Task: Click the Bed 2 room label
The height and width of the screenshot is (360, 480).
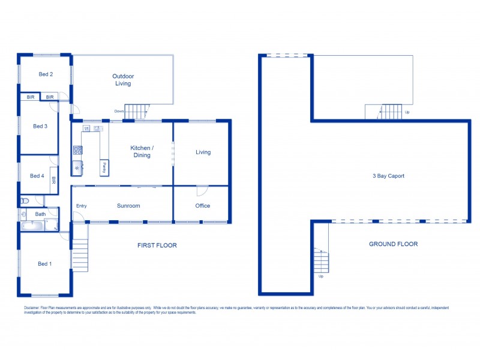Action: [x=46, y=74]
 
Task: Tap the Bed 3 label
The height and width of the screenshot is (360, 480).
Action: [x=40, y=126]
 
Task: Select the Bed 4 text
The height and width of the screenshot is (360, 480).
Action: [x=37, y=176]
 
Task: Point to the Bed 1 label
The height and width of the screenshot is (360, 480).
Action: [x=44, y=264]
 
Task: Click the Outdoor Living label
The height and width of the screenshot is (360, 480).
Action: [x=123, y=80]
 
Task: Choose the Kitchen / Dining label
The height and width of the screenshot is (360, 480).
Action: [x=142, y=151]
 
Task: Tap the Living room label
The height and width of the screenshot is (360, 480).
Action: [x=203, y=152]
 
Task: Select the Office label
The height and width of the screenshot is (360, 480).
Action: [x=202, y=206]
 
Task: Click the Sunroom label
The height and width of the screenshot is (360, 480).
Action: [x=128, y=206]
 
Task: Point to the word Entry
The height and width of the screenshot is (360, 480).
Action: [x=81, y=206]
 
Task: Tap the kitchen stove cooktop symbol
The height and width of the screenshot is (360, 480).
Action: [x=77, y=150]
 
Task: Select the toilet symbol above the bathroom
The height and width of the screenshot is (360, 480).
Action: [x=25, y=201]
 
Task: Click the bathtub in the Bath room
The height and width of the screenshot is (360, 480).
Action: [x=34, y=226]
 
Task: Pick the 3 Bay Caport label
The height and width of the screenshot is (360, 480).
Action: [x=388, y=176]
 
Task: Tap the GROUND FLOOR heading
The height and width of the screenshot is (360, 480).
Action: [x=394, y=244]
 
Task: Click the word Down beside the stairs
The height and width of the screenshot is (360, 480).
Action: [x=119, y=111]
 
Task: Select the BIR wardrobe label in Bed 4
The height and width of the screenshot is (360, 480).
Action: [x=53, y=179]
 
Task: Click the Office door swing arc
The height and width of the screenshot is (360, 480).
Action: [x=202, y=191]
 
